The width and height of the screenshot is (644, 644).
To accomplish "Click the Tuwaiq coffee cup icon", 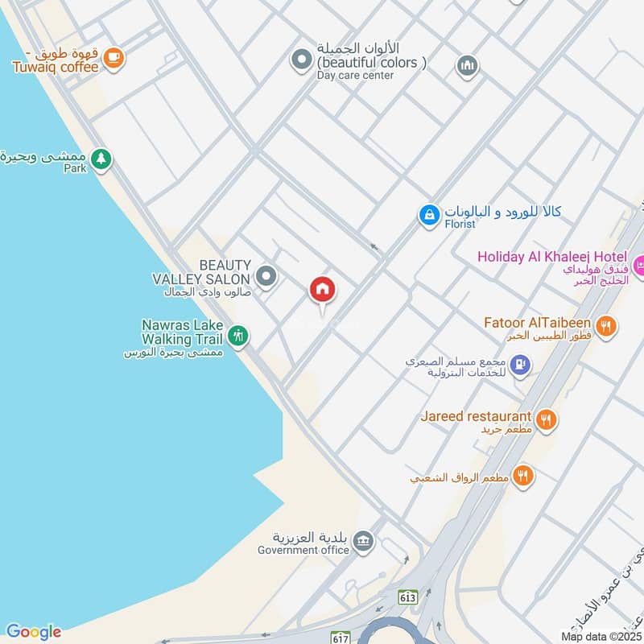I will (x=114, y=56).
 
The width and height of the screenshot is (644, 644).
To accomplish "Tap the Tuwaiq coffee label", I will (x=56, y=67).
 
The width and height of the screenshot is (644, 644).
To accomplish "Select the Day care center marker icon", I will (x=301, y=59).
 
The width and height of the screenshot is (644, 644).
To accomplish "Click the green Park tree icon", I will (x=100, y=159).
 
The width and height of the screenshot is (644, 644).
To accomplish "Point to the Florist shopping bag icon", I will (x=429, y=215).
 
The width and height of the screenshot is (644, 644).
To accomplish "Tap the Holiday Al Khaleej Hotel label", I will (x=551, y=257).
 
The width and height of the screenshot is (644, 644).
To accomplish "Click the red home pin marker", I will (x=323, y=291).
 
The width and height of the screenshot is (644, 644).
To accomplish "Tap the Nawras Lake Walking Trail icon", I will (x=237, y=335).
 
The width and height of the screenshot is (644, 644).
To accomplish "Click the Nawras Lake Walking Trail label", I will (x=182, y=332).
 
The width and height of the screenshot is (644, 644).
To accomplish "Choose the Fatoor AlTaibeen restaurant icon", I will (x=607, y=326).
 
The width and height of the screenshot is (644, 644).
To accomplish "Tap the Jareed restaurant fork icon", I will (x=547, y=419).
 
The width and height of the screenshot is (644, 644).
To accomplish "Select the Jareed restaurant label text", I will (x=475, y=416).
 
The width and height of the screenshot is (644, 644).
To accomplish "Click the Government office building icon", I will (x=363, y=539).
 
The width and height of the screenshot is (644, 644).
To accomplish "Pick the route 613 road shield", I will (x=408, y=597).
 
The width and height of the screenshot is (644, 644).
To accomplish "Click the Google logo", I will (x=33, y=631).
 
